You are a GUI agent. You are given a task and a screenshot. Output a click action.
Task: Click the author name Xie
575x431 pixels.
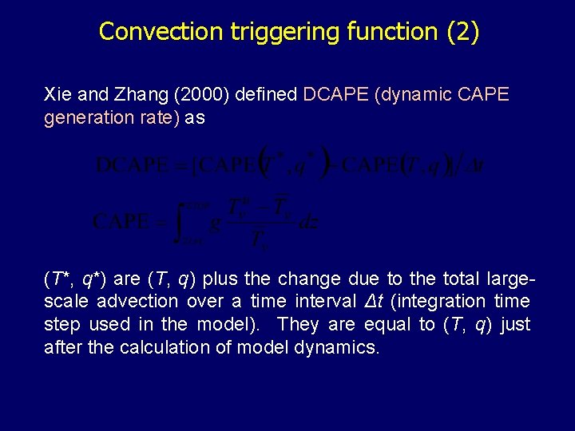click(x=58, y=96)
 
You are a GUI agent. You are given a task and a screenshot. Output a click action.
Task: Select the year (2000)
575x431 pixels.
click(x=203, y=96)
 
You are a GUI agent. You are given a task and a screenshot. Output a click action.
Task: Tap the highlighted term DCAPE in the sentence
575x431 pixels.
click(x=332, y=96)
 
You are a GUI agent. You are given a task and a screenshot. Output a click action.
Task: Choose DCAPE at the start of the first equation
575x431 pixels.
click(x=132, y=165)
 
